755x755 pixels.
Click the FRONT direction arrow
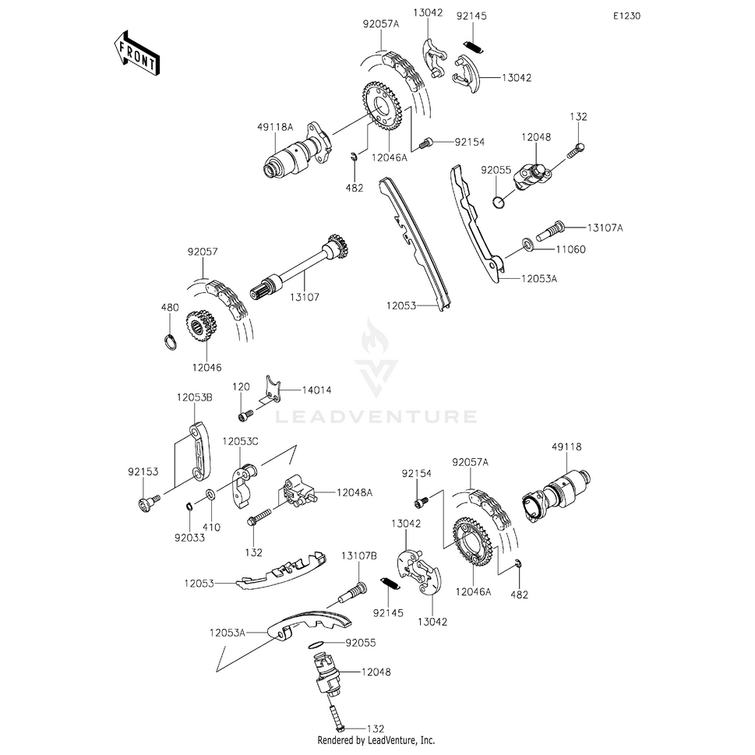(x=138, y=53)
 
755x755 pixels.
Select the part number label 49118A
(x=277, y=127)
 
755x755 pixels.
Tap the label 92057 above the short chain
(x=203, y=252)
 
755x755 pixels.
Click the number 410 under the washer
(x=211, y=527)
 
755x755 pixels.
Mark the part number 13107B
(x=359, y=556)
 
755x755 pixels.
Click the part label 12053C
(x=240, y=442)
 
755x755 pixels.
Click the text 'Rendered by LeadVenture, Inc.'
(x=376, y=740)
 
